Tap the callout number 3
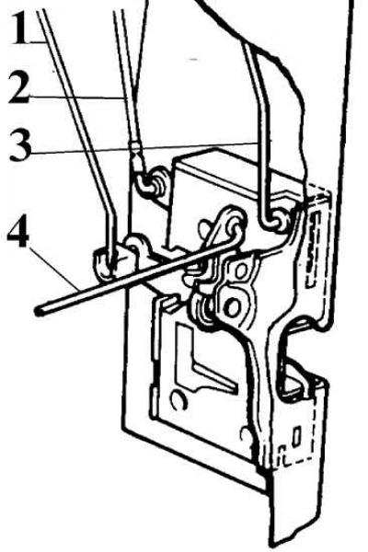pyautogui.click(x=20, y=144)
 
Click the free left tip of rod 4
pyautogui.click(x=38, y=311)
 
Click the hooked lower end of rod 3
pyautogui.click(x=272, y=222)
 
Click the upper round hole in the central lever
pyautogui.click(x=242, y=271)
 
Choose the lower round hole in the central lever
pyautogui.click(x=232, y=307)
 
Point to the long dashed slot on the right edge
pyautogui.click(x=312, y=249)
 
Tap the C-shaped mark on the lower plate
pyautogui.click(x=178, y=400)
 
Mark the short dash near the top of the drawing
pyautogui.click(x=193, y=60)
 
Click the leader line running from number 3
pyautogui.click(x=144, y=147)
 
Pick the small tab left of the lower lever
pyautogui.click(x=170, y=304)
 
